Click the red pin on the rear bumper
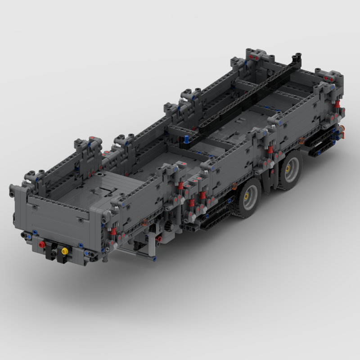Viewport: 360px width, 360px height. click(42, 244)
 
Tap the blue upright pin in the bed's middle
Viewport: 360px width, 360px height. click(186, 140)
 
